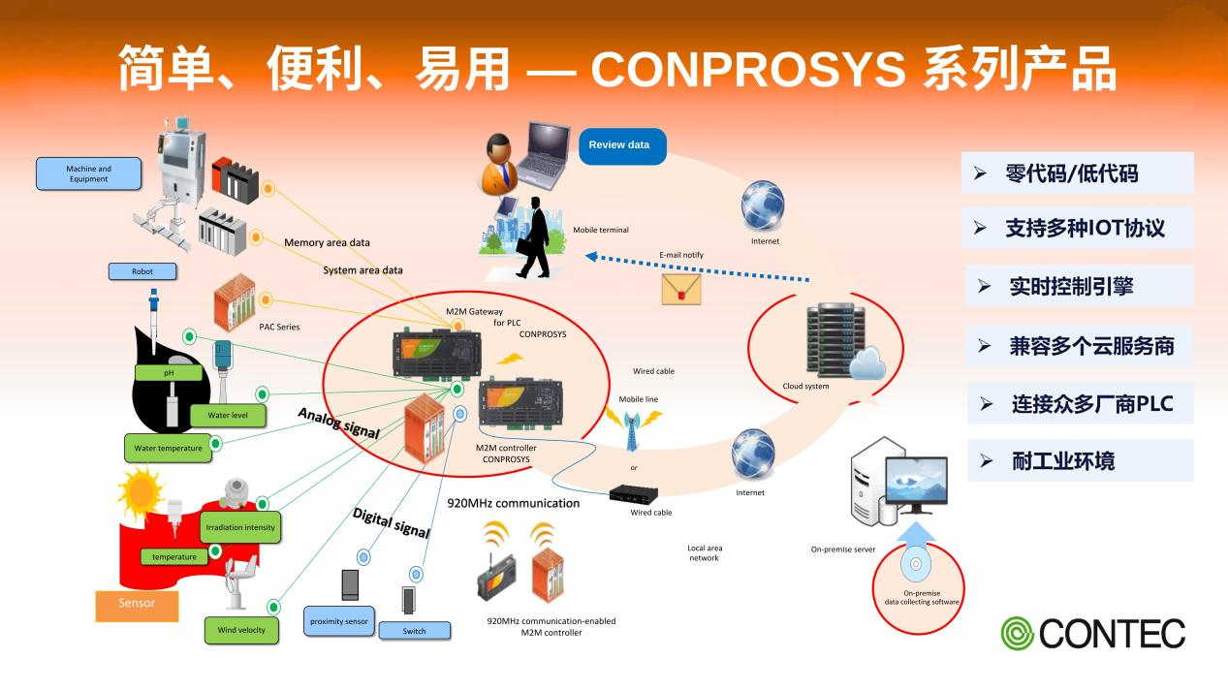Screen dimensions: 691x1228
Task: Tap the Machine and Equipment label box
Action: [x=88, y=173]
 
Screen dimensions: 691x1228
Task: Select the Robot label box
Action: [x=142, y=271]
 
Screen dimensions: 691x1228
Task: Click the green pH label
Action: [x=168, y=372]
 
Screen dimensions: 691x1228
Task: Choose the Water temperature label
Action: [x=168, y=448]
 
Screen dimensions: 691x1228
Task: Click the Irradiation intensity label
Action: [x=239, y=527]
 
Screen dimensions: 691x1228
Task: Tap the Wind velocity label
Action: [x=241, y=630]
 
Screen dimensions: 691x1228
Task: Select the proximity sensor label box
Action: [x=338, y=620]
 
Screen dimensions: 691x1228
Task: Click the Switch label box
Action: [x=414, y=631]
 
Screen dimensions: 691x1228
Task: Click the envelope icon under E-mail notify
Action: [x=680, y=288]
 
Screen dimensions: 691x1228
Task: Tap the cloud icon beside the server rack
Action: [x=866, y=363]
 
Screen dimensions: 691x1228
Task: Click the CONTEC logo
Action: [x=1093, y=633]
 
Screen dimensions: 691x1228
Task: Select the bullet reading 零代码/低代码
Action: [x=1077, y=173]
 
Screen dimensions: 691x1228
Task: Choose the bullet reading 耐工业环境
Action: [x=1079, y=460]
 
